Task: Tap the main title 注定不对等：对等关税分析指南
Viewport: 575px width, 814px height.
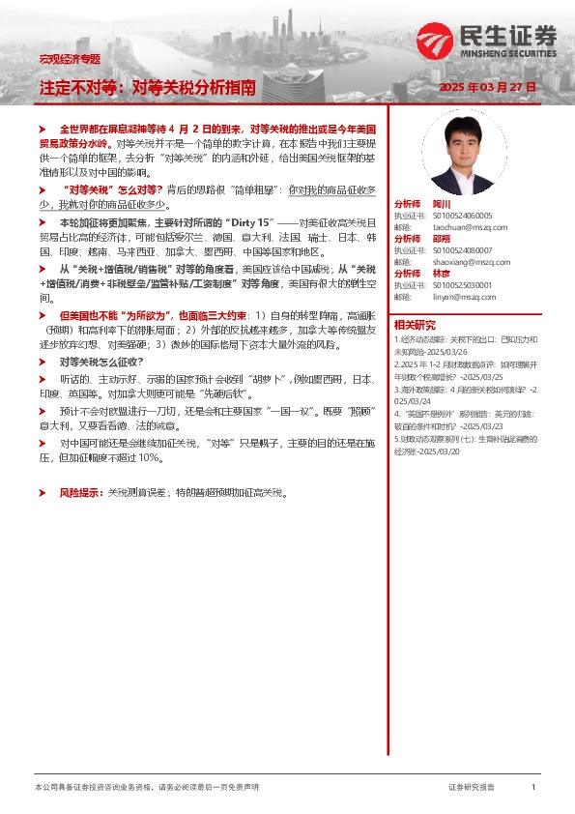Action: (x=147, y=87)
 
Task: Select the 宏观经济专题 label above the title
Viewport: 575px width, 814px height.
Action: (x=70, y=59)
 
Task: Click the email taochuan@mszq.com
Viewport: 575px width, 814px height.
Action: (x=455, y=227)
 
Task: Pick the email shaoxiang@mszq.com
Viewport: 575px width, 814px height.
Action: (x=457, y=262)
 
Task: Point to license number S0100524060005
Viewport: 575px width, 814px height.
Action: (x=462, y=216)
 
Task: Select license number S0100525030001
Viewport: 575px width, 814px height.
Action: (x=462, y=285)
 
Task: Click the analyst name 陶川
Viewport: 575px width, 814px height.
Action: (x=441, y=204)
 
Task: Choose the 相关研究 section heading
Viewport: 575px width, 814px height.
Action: (x=415, y=324)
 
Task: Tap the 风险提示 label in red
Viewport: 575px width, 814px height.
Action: (x=81, y=492)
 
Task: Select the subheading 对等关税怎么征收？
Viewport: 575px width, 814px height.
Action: (x=101, y=361)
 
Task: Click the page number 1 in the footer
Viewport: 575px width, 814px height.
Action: (x=533, y=788)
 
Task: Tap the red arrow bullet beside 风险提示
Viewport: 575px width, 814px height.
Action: (x=42, y=492)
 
